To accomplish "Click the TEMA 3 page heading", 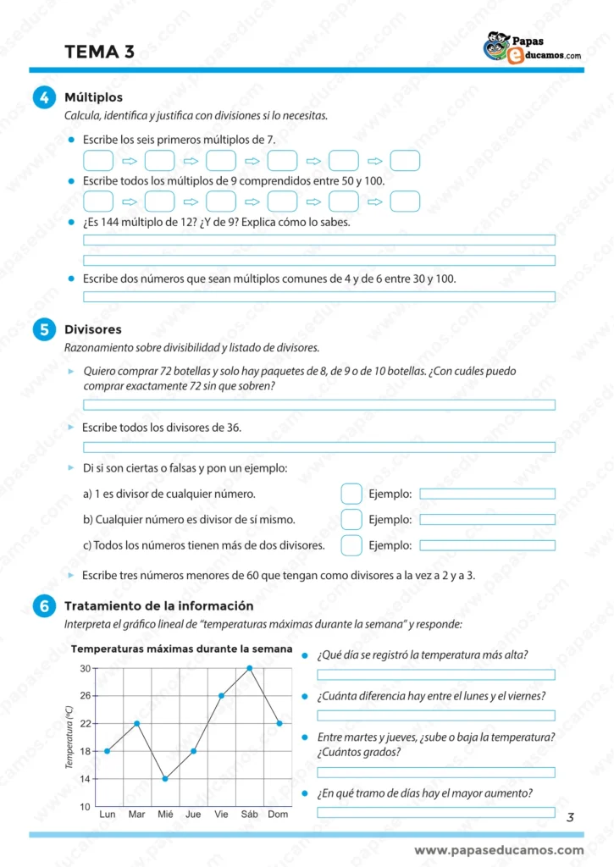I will tap(99, 52).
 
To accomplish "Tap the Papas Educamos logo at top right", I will tap(532, 47).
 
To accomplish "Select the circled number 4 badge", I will tap(43, 98).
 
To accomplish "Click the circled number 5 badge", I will tap(43, 330).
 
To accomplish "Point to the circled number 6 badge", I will tap(43, 606).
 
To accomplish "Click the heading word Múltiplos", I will tap(93, 98).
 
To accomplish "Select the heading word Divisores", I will tap(93, 329).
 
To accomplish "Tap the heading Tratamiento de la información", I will tap(159, 606).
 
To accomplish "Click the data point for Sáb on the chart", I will tap(250, 668).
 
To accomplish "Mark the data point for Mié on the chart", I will tap(165, 779).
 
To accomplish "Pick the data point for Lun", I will tap(108, 751).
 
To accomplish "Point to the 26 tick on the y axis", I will tap(86, 696).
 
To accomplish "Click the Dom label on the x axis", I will tap(279, 815).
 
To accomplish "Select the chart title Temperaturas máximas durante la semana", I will tap(182, 649).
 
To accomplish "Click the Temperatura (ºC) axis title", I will tap(69, 737).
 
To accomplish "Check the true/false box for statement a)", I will tap(351, 494).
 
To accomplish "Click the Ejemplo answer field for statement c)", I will tap(487, 545).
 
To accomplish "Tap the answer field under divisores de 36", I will tap(318, 447).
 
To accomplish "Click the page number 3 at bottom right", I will tap(570, 817).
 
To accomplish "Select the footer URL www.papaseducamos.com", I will tap(499, 850).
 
